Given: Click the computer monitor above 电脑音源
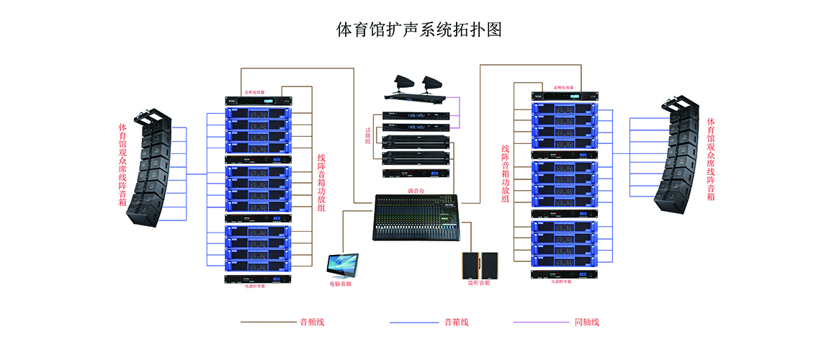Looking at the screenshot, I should point(343,264).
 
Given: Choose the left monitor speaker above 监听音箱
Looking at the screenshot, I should point(470,265).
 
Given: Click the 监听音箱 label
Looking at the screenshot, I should point(479,284).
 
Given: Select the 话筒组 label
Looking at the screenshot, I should point(368,136).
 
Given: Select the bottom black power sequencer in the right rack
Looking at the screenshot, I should point(565,274).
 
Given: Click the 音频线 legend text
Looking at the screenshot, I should point(313,322).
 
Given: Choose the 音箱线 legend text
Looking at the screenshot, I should point(457,322).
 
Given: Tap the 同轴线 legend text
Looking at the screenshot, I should point(587,322).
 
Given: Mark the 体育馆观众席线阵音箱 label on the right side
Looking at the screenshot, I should point(712,158).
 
